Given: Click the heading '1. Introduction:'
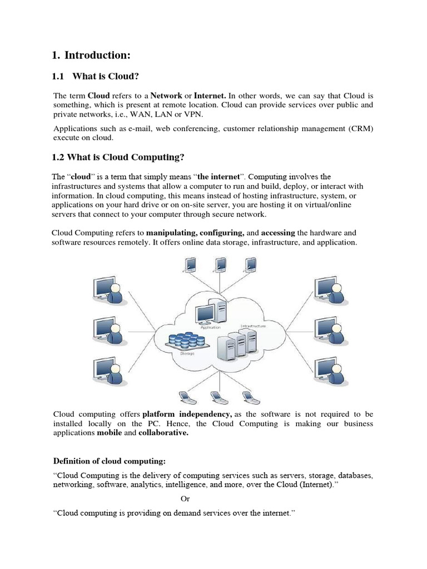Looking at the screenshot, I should coord(91,55).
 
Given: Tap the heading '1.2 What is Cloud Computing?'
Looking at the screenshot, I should coord(118,157).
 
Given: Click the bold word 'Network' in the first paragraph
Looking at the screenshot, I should coord(166,96).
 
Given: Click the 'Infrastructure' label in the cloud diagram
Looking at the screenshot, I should coord(253,326).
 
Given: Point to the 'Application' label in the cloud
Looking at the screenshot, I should coord(207,328).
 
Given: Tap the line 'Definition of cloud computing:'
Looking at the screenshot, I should coord(109,461).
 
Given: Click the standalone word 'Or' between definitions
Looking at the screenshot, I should coord(185,498).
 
